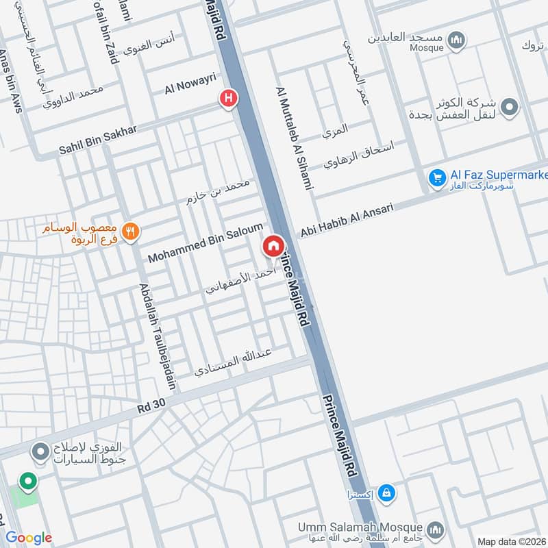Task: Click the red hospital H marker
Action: coord(228,99)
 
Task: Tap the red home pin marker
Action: coord(273,246)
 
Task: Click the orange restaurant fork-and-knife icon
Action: coord(132,232)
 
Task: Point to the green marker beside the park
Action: coord(27,482)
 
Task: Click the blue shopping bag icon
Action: coord(386,492)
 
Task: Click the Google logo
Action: coord(29,538)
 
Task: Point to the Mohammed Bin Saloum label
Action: coord(206,244)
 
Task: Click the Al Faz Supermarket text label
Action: coord(499,175)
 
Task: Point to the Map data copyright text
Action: coord(511,541)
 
